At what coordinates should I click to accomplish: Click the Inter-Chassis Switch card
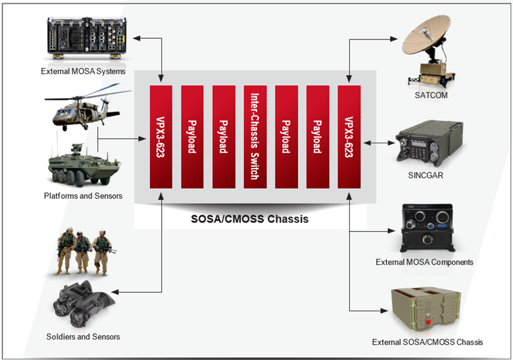[x=255, y=136]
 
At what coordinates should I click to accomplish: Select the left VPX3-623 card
[x=161, y=136]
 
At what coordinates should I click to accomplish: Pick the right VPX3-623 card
[x=349, y=136]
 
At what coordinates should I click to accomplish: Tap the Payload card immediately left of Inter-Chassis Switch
[x=224, y=136]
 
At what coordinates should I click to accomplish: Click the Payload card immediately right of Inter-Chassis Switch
[x=287, y=136]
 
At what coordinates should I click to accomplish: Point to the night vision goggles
[x=82, y=303]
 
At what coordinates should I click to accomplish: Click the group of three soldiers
[x=84, y=251]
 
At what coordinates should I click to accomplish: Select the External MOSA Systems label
[x=83, y=71]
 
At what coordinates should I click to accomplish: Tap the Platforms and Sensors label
[x=83, y=195]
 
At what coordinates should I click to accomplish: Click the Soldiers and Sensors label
[x=83, y=336]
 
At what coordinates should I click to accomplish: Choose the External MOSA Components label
[x=424, y=262]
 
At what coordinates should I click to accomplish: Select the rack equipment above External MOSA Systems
[x=84, y=36]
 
